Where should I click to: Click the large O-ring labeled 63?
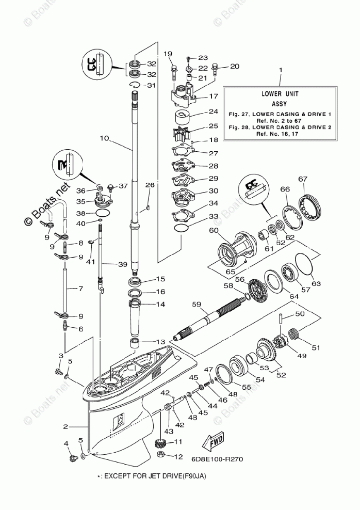304,263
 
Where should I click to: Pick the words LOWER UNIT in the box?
280,94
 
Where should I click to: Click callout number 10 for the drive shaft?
105,138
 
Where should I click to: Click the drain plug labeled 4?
72,458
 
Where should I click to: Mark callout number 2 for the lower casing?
66,426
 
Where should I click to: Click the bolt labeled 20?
215,70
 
